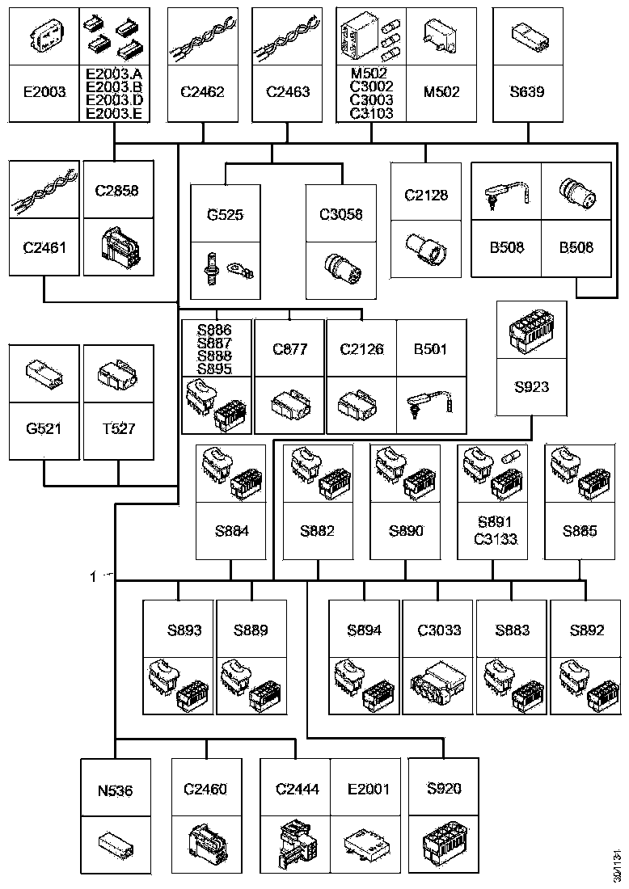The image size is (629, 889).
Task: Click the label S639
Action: (x=527, y=92)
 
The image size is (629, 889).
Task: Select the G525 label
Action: (x=226, y=215)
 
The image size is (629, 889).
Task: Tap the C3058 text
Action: (x=341, y=214)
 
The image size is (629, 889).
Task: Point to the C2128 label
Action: (x=426, y=195)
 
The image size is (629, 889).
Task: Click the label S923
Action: (x=531, y=386)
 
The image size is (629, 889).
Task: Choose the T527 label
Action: (x=119, y=428)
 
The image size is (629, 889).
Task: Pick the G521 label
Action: (x=44, y=428)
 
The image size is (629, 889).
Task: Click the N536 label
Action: (x=115, y=790)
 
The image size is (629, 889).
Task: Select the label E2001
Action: (x=369, y=789)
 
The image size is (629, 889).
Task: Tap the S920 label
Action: (x=444, y=788)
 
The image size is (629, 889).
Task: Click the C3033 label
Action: (x=439, y=630)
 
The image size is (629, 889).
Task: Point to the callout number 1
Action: (x=93, y=577)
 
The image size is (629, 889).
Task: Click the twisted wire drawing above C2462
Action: (x=202, y=37)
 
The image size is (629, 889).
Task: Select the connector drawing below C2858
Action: (x=120, y=247)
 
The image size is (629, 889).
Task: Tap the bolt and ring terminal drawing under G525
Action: (x=225, y=269)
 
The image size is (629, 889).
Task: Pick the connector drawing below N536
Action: (x=116, y=845)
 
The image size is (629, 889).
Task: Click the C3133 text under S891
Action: (x=496, y=538)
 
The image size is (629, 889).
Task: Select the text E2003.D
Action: (x=114, y=99)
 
